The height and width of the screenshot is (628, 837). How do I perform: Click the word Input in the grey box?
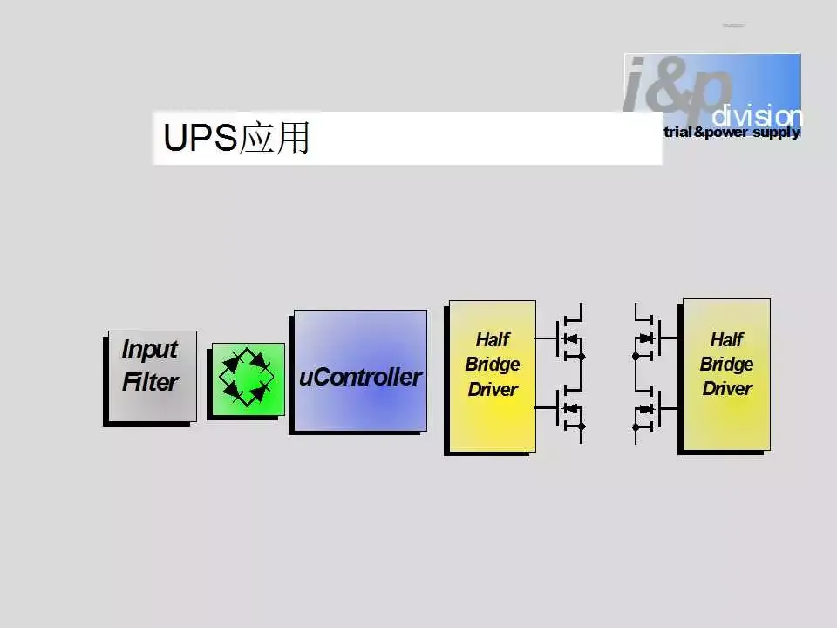[149, 349]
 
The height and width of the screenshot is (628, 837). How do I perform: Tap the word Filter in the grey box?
[149, 382]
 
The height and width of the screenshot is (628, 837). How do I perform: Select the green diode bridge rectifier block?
[247, 379]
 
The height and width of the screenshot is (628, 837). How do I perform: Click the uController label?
[360, 378]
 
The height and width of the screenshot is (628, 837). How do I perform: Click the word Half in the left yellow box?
[492, 339]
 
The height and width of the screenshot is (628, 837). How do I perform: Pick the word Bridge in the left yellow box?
[492, 364]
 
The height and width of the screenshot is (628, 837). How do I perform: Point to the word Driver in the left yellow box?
[492, 389]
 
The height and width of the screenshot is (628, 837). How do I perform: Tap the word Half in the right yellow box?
[726, 339]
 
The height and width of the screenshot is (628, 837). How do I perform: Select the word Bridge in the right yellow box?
[726, 364]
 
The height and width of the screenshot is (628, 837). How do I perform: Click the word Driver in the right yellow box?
[726, 388]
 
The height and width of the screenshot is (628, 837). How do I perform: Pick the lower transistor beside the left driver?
[569, 407]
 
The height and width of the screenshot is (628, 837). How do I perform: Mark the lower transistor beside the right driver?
[647, 408]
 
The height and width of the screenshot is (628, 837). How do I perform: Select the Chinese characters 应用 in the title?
[275, 139]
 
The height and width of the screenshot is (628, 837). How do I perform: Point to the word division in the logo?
[755, 116]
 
